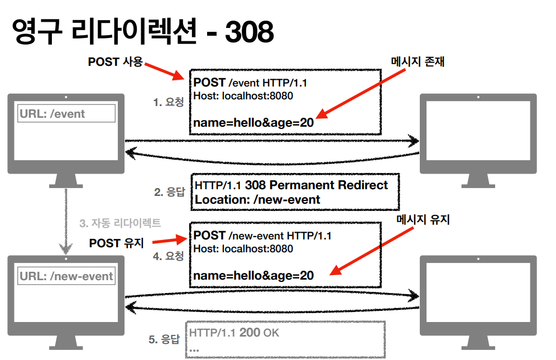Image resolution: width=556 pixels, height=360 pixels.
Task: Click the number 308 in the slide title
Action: pos(249,32)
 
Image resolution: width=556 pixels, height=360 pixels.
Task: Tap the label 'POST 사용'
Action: pos(116,62)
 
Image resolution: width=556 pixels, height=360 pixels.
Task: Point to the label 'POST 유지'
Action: pos(116,243)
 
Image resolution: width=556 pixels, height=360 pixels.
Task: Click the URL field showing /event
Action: pos(66,114)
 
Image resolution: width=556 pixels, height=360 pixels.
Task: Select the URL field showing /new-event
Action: pos(66,276)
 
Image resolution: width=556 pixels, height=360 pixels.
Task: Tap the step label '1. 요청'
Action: pos(168,102)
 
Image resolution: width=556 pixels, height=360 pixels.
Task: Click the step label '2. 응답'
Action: pos(169,192)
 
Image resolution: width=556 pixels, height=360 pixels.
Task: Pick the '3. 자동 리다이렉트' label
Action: pos(120,223)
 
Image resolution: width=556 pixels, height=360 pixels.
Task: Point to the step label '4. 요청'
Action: pos(168,257)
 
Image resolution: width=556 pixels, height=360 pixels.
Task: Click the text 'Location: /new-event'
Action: pos(257,200)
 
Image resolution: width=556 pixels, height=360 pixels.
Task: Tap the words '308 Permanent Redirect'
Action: pos(316,185)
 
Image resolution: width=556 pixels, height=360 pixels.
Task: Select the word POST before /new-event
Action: pos(210,236)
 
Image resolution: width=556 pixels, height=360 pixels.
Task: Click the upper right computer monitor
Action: pos(478,134)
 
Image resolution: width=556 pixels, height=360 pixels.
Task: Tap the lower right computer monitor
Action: pos(478,296)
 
